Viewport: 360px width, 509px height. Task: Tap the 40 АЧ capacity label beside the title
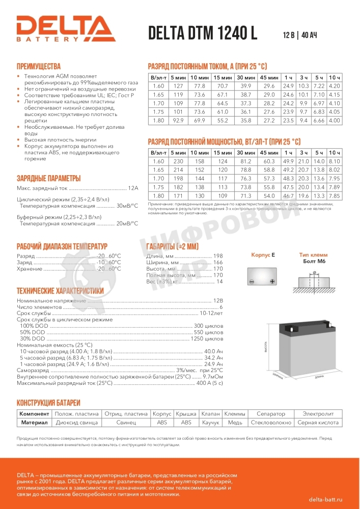point(309,35)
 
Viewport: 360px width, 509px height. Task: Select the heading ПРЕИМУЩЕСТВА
point(39,67)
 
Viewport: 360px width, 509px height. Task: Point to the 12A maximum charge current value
point(133,188)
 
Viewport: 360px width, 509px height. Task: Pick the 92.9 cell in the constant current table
point(178,121)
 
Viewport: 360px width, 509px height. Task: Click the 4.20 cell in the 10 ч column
point(334,86)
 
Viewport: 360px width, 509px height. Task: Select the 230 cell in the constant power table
point(178,161)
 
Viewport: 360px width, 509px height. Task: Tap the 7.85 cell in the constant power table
point(334,196)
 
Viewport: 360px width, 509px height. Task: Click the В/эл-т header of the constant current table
point(158,77)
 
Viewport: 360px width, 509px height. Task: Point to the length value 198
point(218,256)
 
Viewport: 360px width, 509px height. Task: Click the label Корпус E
point(263,254)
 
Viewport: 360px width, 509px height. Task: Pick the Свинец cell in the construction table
point(126,422)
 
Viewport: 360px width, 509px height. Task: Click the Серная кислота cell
point(318,422)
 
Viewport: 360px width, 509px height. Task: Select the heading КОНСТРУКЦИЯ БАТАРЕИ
point(48,402)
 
